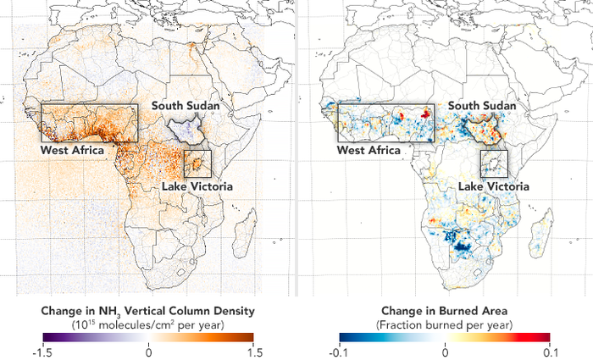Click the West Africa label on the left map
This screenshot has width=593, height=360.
pos(73,150)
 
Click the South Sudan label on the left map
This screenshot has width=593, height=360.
pos(186,106)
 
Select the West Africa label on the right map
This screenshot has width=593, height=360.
pos(369,150)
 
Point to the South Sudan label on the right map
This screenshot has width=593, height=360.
pos(482,106)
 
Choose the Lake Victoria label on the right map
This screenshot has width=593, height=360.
pos(493,186)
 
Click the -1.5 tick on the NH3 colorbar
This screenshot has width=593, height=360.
pos(41,348)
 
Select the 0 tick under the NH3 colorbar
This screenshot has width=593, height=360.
pos(148,348)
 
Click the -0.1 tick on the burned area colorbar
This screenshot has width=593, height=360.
pos(338,348)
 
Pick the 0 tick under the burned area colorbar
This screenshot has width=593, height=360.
pos(445,348)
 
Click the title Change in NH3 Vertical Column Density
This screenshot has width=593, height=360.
pos(148,310)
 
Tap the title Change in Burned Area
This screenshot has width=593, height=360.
pos(445,310)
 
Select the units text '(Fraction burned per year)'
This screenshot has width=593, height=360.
pos(445,323)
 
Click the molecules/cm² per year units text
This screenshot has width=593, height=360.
pos(148,323)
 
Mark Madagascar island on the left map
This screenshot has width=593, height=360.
pos(247,234)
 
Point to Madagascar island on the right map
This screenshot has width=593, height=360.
pos(544,234)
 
